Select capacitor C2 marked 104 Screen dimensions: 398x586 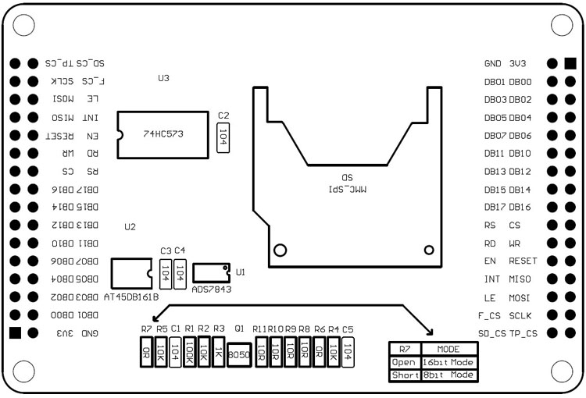pyautogui.click(x=223, y=134)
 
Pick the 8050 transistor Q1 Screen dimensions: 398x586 pyautogui.click(x=238, y=354)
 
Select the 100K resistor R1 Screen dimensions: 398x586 pyautogui.click(x=189, y=354)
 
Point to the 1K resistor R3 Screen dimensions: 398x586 pyautogui.click(x=219, y=354)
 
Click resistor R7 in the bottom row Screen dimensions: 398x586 pyautogui.click(x=145, y=354)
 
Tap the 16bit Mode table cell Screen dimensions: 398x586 pyautogui.click(x=448, y=362)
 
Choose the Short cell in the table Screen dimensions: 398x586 pyautogui.click(x=405, y=375)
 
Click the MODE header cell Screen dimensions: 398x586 pyautogui.click(x=448, y=349)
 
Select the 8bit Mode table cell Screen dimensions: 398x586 pyautogui.click(x=448, y=375)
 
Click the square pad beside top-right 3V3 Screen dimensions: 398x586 pyautogui.click(x=570, y=63)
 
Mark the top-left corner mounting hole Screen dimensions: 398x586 pyautogui.click(x=23, y=24)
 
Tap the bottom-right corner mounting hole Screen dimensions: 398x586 pyautogui.click(x=563, y=375)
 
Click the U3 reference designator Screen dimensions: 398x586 pyautogui.click(x=163, y=78)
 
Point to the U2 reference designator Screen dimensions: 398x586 pyautogui.click(x=130, y=227)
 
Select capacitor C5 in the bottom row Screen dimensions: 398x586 pyautogui.click(x=348, y=354)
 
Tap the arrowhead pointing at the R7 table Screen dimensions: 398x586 pyautogui.click(x=429, y=332)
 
